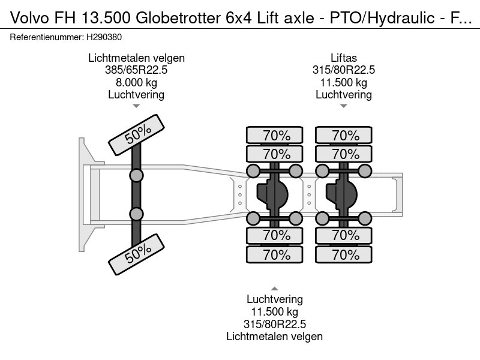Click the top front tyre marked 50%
(x=137, y=134)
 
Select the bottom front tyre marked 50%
(x=137, y=254)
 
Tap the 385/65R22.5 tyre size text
(x=136, y=70)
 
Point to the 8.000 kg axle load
(x=136, y=82)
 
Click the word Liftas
(x=343, y=58)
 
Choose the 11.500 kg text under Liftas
(x=343, y=82)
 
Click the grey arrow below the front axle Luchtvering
(x=136, y=106)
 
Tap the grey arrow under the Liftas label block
(x=343, y=106)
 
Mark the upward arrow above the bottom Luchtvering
(x=274, y=288)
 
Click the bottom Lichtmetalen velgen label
(x=274, y=337)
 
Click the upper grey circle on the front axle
(x=137, y=175)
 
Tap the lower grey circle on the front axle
(x=137, y=214)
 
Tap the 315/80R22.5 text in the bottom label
(x=274, y=324)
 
